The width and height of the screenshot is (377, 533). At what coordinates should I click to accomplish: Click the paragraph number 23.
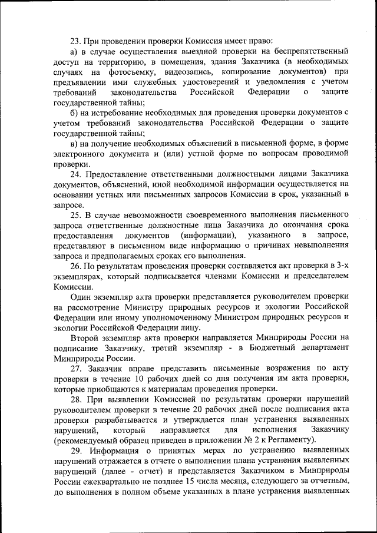tap(75, 41)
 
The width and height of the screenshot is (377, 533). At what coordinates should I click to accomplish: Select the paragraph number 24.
tap(75, 174)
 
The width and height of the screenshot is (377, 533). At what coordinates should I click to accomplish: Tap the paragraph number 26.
tap(75, 267)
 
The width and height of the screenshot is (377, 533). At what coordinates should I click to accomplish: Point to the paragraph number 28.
tap(75, 399)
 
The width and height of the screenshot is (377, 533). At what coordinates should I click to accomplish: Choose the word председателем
tap(315, 277)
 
